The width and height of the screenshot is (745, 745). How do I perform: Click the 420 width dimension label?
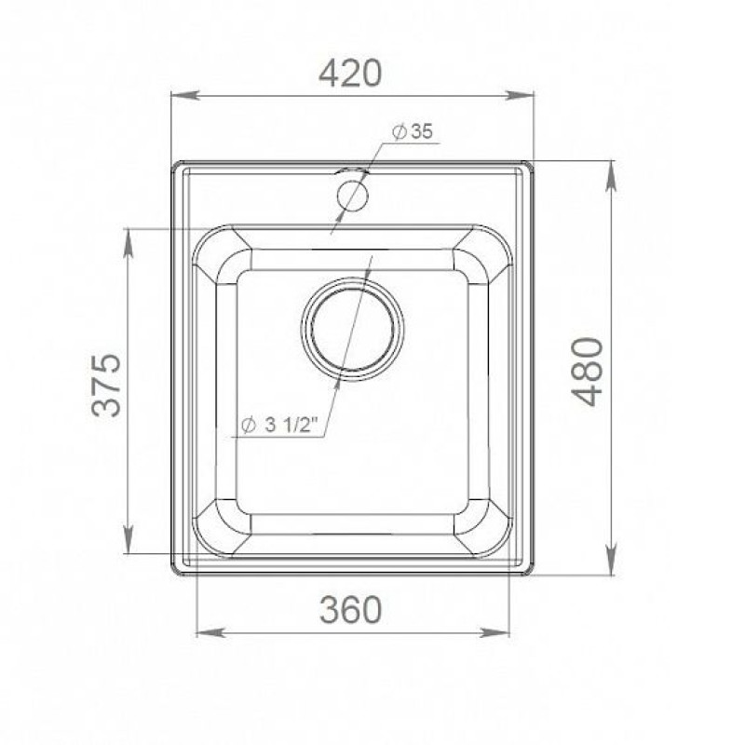pyautogui.click(x=350, y=74)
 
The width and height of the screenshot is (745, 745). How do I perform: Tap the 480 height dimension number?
pyautogui.click(x=588, y=372)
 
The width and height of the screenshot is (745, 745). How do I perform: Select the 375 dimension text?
pyautogui.click(x=106, y=385)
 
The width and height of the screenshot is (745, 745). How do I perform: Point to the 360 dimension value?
pyautogui.click(x=351, y=610)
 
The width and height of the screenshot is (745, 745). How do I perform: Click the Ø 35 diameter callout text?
pyautogui.click(x=413, y=132)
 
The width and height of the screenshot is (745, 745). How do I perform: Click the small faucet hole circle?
pyautogui.click(x=352, y=196)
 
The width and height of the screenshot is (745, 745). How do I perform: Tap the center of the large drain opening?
pyautogui.click(x=353, y=329)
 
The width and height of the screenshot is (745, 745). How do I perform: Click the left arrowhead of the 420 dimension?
pyautogui.click(x=184, y=96)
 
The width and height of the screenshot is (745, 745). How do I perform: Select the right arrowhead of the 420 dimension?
pyautogui.click(x=520, y=96)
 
